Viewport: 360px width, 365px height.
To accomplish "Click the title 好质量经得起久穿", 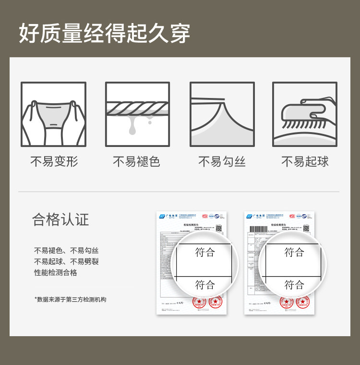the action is click(x=105, y=33).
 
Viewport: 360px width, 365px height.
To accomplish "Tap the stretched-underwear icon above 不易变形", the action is click(x=53, y=114).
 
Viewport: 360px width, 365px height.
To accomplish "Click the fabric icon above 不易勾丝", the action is click(x=222, y=114).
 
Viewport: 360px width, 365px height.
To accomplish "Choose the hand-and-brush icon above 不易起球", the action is click(x=305, y=114).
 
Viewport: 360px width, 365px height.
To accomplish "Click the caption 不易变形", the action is click(x=53, y=162).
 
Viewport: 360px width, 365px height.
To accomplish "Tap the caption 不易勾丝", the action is click(x=222, y=162).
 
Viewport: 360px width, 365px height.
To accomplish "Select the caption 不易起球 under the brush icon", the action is click(x=305, y=162).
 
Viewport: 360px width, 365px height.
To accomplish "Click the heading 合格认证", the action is click(x=60, y=220).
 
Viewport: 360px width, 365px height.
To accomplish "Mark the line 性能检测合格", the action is click(x=56, y=273).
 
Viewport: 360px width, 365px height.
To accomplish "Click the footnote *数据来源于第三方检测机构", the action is click(x=70, y=300).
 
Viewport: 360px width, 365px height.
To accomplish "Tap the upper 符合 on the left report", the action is click(x=205, y=252).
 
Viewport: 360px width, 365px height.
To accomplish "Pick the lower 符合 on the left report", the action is click(x=205, y=285).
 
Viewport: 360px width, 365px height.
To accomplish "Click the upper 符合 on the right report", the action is click(x=294, y=252).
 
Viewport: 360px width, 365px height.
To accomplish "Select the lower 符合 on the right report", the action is click(x=294, y=285).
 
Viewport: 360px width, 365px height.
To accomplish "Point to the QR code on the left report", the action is click(x=219, y=228).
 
